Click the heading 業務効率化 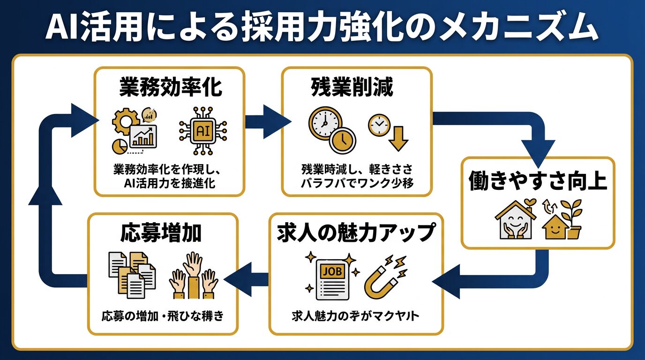click(170, 88)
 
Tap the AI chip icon click(202, 130)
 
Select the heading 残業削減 click(356, 88)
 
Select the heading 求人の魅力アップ click(356, 233)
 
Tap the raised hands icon click(193, 277)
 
